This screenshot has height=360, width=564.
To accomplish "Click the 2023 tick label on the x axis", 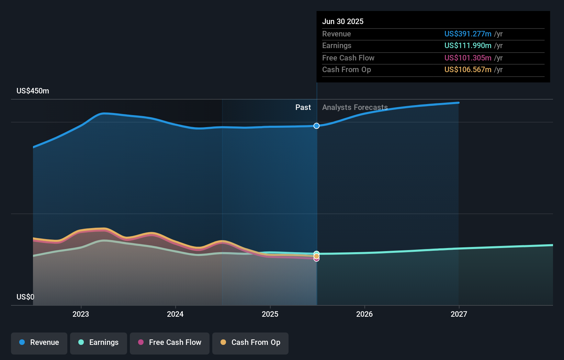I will click(x=81, y=314).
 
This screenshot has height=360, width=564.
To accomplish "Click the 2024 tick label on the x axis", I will click(x=175, y=314).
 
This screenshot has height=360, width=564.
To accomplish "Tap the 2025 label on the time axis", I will click(x=270, y=314).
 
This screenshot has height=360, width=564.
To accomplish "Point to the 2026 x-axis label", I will click(x=364, y=314).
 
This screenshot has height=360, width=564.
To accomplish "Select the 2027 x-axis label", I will click(x=459, y=314).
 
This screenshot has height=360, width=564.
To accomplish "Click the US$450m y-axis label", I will click(x=33, y=91).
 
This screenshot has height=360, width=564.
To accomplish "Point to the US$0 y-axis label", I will click(x=25, y=297).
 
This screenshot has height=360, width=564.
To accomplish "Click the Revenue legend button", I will click(x=39, y=342).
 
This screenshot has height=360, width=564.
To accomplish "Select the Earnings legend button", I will click(x=99, y=342).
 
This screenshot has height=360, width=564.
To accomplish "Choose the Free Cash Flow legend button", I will click(x=170, y=342).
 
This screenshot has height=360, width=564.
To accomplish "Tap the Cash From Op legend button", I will click(x=250, y=342).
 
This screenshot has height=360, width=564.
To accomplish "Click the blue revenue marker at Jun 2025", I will click(x=316, y=126).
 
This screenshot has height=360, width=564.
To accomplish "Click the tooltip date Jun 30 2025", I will click(x=343, y=21).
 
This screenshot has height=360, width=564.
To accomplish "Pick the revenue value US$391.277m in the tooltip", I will click(x=468, y=34).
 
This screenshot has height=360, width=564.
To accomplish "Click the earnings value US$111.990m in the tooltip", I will click(x=468, y=45).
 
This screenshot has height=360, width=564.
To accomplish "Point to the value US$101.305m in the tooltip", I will click(x=468, y=58).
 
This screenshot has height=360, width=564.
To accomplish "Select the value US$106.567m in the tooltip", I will click(x=468, y=69).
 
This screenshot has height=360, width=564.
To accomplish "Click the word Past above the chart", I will click(x=303, y=108).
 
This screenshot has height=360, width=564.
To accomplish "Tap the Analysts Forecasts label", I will click(x=355, y=108).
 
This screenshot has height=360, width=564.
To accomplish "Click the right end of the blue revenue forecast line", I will click(x=458, y=103).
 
